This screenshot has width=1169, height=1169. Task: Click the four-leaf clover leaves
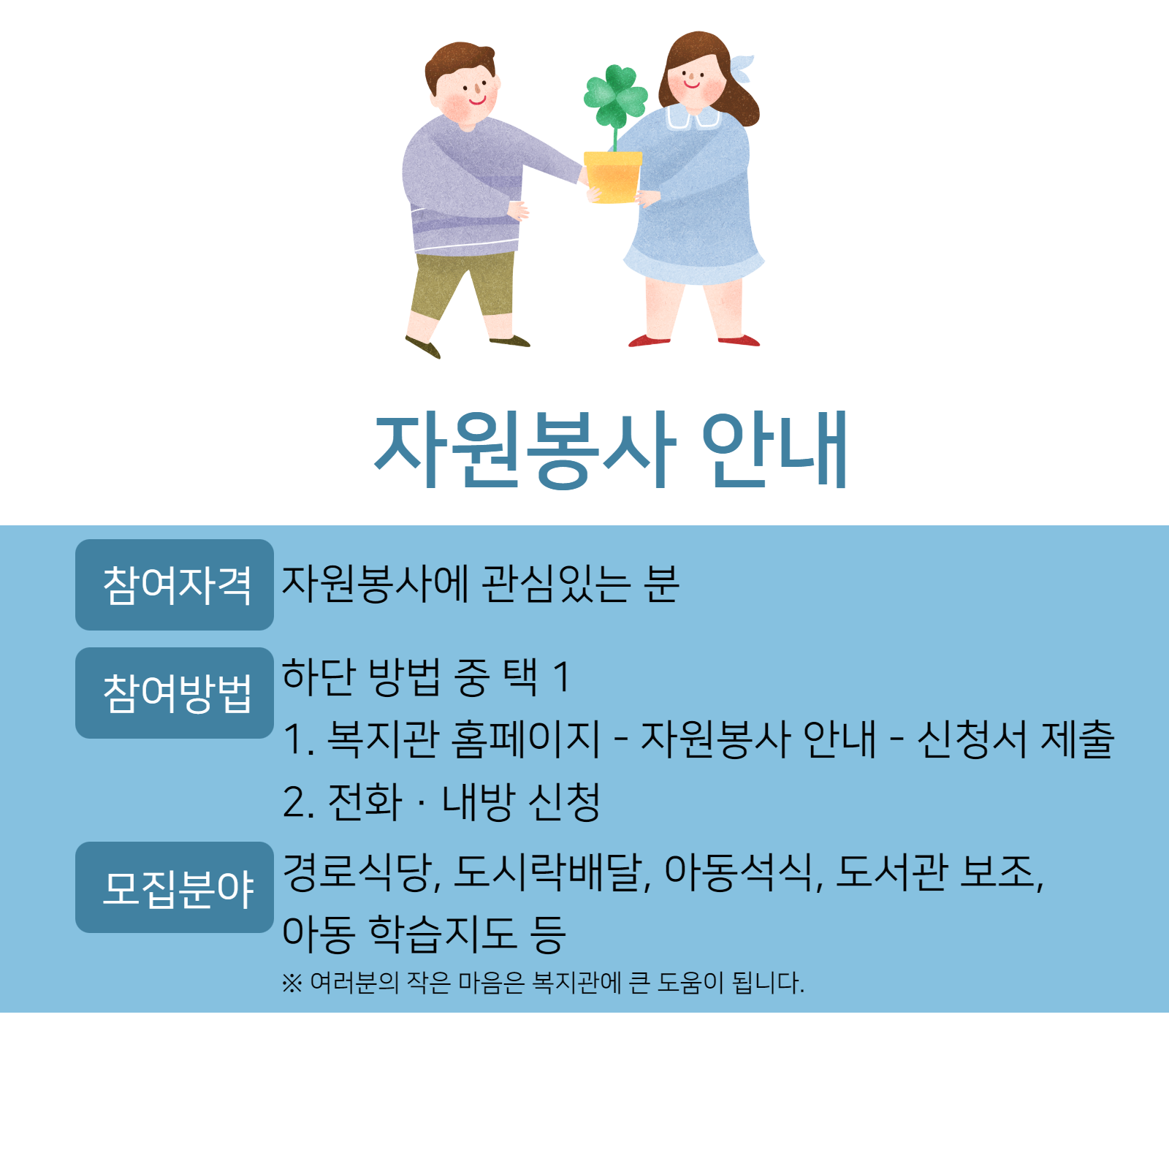[615, 96]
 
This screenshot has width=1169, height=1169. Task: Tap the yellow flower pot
[613, 177]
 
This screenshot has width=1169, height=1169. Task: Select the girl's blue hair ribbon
[741, 68]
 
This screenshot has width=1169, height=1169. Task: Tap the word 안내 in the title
[774, 449]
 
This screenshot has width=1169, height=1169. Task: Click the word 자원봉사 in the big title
[524, 449]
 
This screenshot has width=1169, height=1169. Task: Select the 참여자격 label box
[175, 584]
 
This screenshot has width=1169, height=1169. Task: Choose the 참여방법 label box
[175, 693]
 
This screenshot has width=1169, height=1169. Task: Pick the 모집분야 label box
[175, 887]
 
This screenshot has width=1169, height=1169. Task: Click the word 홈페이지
[526, 739]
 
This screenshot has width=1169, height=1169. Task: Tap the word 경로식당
[359, 872]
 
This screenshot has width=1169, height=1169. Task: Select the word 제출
[1077, 739]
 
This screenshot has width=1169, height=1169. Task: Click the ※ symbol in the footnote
[292, 983]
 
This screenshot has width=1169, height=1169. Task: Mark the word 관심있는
[555, 584]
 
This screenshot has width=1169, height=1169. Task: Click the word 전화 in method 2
[365, 802]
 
